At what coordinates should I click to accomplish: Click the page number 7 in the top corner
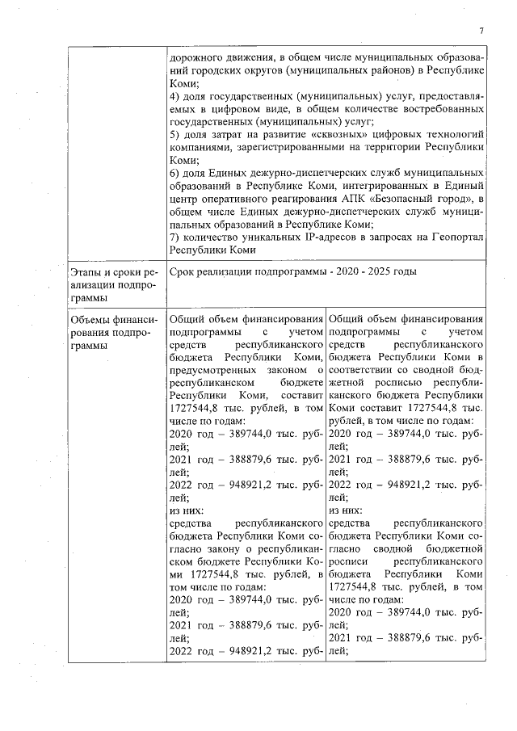[x=481, y=32]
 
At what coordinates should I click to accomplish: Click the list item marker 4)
[x=175, y=96]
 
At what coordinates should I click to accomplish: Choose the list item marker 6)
[x=175, y=173]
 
